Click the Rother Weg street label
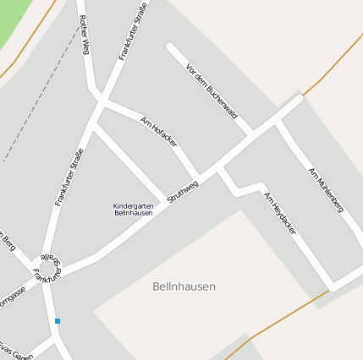point(83,35)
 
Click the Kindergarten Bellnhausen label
point(133,210)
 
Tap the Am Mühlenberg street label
point(326,189)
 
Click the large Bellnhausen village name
point(184,286)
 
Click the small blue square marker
point(58,321)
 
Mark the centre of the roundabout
point(47,270)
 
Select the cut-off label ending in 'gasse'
point(13,298)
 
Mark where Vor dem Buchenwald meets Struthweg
point(251,134)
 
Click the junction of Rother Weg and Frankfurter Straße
point(101,101)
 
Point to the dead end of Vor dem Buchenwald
point(170,46)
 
